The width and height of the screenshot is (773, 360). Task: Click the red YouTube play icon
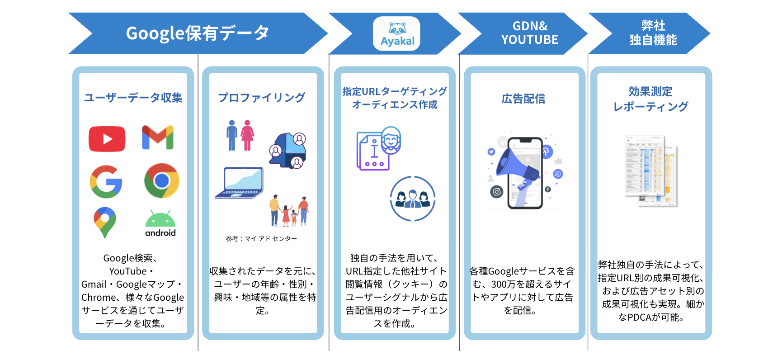[x=107, y=139]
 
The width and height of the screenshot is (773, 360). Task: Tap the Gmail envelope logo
[x=158, y=137]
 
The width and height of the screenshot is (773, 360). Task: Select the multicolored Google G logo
[x=106, y=181]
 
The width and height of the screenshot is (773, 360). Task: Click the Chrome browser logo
[x=161, y=181]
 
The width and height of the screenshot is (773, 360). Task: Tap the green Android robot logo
[x=160, y=223]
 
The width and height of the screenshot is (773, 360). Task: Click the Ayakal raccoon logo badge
[x=396, y=34]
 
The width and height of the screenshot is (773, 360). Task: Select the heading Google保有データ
[x=198, y=33]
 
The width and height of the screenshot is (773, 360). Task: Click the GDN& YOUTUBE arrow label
[x=529, y=33]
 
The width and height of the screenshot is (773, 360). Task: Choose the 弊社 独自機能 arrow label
[x=653, y=33]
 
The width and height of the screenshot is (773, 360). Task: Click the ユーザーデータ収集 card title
[x=133, y=98]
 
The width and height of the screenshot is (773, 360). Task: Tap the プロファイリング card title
[x=262, y=98]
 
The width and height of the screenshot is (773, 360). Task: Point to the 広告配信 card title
[x=523, y=99]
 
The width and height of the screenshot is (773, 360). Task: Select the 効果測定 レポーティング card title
[x=650, y=99]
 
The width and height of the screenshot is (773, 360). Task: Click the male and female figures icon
[x=240, y=135]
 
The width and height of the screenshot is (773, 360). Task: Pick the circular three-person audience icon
[x=412, y=199]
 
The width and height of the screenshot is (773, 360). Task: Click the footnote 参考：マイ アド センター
[x=262, y=238]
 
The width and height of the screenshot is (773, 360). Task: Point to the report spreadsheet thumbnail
[x=651, y=171]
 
